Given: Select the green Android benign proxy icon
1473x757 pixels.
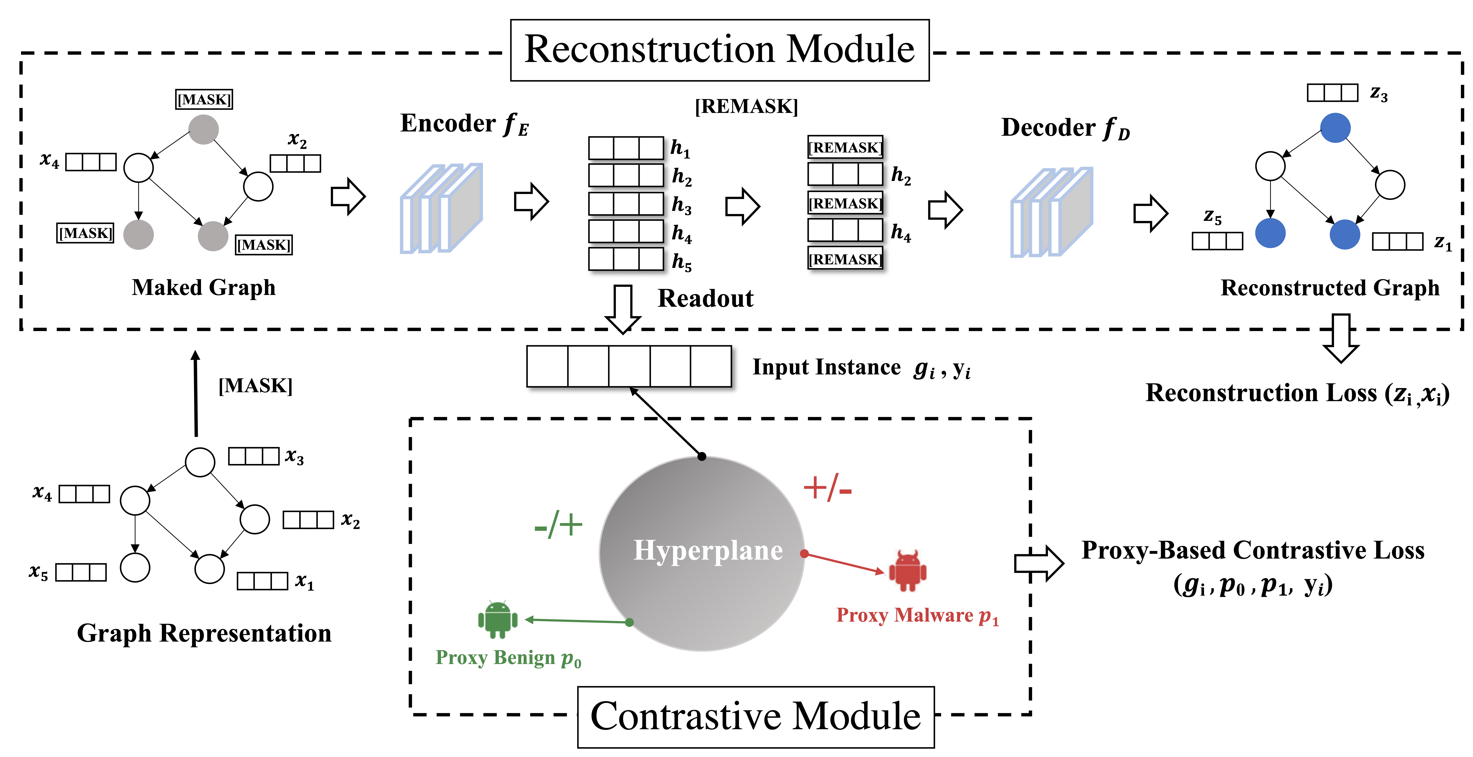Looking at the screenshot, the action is coord(498,619).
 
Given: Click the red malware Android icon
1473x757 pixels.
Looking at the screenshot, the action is coord(907,571).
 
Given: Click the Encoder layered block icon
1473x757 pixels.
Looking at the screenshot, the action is coord(441,208).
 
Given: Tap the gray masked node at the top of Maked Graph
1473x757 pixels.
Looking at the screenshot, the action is coord(204,129).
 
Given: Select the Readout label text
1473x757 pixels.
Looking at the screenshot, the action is coord(706,299).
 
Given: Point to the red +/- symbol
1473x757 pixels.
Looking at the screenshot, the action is coord(827,488).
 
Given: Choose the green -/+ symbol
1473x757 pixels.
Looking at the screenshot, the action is coord(558,525).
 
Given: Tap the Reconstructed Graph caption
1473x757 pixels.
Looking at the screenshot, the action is coord(1330,288).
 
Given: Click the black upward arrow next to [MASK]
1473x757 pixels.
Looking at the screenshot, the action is coord(195,393).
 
